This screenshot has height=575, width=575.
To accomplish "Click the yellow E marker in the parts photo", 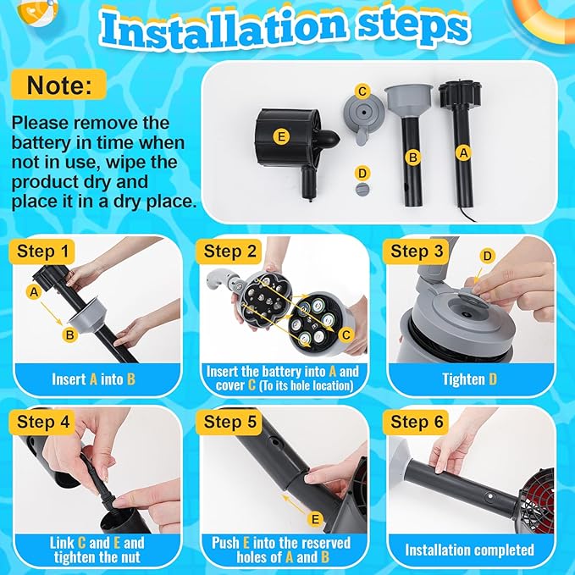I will pyautogui.click(x=282, y=135).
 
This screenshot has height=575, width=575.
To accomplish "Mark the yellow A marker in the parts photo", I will pyautogui.click(x=462, y=152).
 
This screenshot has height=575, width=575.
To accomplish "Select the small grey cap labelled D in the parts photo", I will pyautogui.click(x=362, y=189).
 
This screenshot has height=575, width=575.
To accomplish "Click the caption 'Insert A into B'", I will pyautogui.click(x=93, y=379).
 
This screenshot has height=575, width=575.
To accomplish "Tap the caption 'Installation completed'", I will pyautogui.click(x=469, y=550).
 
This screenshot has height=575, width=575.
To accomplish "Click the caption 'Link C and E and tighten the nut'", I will pyautogui.click(x=93, y=550).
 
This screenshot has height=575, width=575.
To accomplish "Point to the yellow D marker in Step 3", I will pyautogui.click(x=486, y=256).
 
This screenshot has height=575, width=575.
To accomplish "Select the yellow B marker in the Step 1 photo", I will pyautogui.click(x=70, y=334).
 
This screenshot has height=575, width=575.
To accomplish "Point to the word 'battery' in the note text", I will pyautogui.click(x=40, y=142).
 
